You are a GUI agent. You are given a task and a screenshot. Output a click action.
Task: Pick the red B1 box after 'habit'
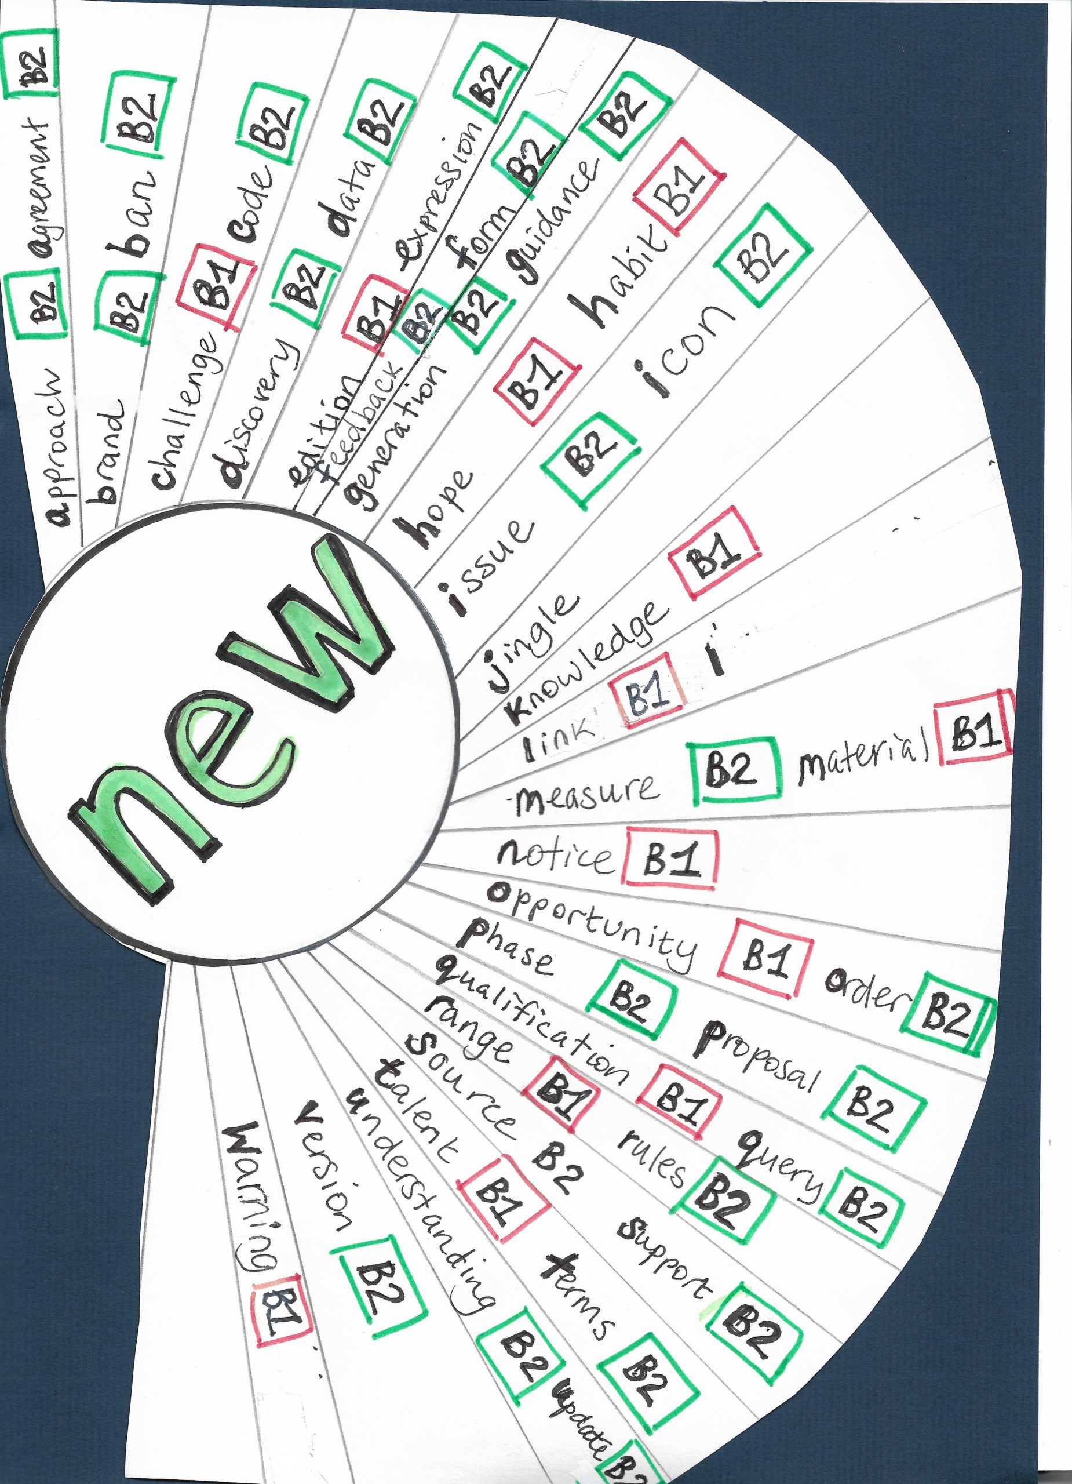[x=679, y=188]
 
